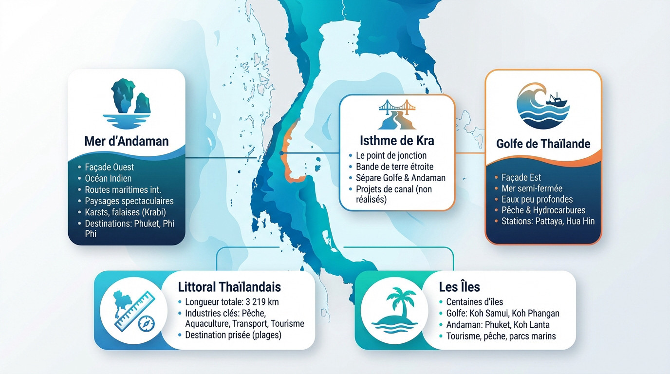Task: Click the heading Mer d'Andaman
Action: click(126, 141)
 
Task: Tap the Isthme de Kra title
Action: click(397, 141)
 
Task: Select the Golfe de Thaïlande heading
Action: click(543, 144)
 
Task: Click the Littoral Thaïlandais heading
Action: click(229, 286)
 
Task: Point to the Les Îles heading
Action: click(460, 287)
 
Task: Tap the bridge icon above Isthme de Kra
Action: click(397, 114)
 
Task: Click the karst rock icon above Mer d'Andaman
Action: click(127, 100)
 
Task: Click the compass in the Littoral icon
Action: click(146, 323)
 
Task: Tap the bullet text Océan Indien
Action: click(108, 178)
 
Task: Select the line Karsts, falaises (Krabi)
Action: click(126, 212)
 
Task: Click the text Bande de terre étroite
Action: click(394, 167)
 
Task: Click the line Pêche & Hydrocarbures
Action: click(543, 210)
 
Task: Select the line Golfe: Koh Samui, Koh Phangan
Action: click(502, 314)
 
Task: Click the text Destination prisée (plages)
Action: click(233, 335)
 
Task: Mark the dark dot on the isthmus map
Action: click(281, 153)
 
